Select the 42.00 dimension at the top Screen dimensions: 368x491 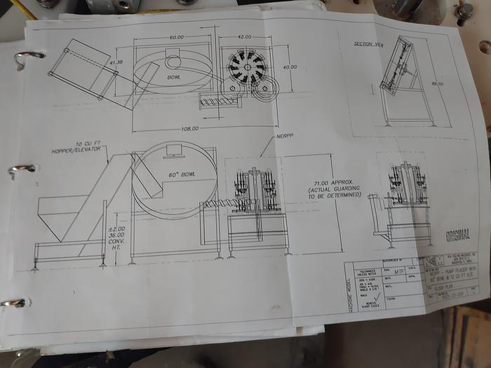[244, 36]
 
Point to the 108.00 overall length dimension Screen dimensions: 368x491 [190, 128]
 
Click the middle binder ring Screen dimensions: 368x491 [22, 169]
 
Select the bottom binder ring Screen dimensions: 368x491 [14, 303]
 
